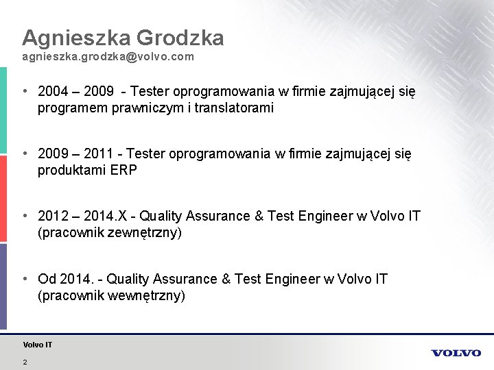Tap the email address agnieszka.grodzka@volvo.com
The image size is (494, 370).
click(x=108, y=58)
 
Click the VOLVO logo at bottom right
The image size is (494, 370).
click(x=456, y=353)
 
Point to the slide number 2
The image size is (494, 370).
click(x=25, y=362)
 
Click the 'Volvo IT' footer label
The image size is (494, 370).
click(x=37, y=345)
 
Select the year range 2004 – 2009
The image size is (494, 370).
click(x=72, y=91)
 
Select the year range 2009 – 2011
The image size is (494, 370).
click(x=72, y=154)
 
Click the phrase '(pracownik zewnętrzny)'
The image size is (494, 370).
click(x=110, y=233)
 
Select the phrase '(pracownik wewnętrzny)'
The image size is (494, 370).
click(x=111, y=296)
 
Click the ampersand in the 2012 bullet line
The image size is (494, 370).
click(x=259, y=217)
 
